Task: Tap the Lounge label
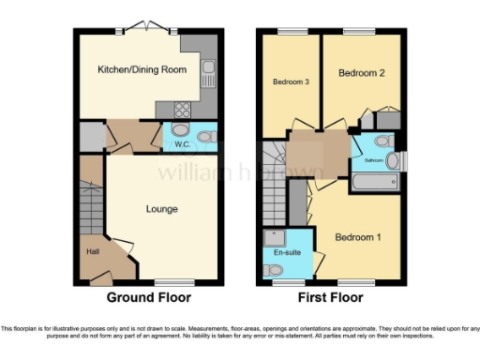161,208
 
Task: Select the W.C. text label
183,144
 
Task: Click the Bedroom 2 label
361,72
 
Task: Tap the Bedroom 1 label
359,236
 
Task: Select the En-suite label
284,252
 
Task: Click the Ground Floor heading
150,298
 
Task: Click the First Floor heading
329,298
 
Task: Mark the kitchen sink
207,68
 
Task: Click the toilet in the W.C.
208,137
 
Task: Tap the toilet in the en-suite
274,269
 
